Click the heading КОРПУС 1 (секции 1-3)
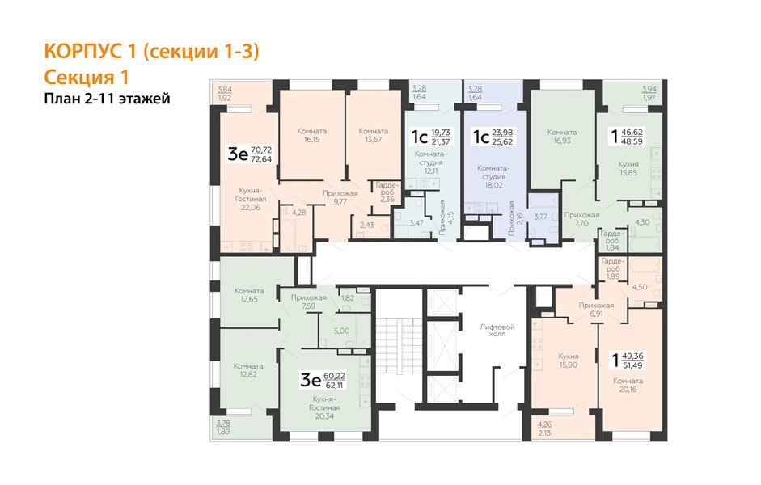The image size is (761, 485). pyautogui.click(x=151, y=52)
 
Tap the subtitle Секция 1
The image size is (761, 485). pyautogui.click(x=86, y=77)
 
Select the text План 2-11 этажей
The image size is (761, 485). pyautogui.click(x=107, y=99)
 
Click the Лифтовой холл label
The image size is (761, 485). pyautogui.click(x=497, y=331)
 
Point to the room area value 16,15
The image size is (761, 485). pyautogui.click(x=311, y=140)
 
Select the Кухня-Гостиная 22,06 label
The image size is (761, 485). pyautogui.click(x=251, y=199)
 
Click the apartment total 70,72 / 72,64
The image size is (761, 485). pyautogui.click(x=261, y=154)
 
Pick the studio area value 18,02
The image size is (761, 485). pyautogui.click(x=493, y=185)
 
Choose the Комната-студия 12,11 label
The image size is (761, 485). pyautogui.click(x=430, y=162)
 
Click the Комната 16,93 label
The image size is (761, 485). pyautogui.click(x=562, y=137)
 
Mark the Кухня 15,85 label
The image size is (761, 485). pyautogui.click(x=628, y=168)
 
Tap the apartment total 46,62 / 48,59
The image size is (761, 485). pyautogui.click(x=632, y=137)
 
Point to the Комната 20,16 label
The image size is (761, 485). pyautogui.click(x=628, y=385)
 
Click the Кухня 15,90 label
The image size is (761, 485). pyautogui.click(x=569, y=361)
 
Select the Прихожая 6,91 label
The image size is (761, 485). pyautogui.click(x=596, y=310)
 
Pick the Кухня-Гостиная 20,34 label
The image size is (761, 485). pyautogui.click(x=324, y=407)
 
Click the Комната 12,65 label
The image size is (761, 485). pyautogui.click(x=249, y=295)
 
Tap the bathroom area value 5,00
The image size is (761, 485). pyautogui.click(x=341, y=331)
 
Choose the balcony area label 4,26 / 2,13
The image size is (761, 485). pyautogui.click(x=544, y=428)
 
